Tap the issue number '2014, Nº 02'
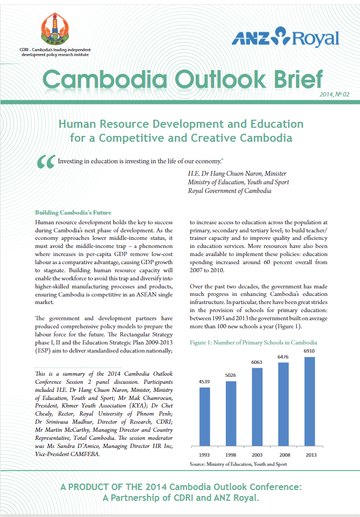[x=334, y=94]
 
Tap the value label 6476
[x=283, y=357]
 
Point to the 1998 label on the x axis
[x=231, y=454]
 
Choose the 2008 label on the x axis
[x=283, y=454]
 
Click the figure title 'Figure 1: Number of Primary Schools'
[x=253, y=342]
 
